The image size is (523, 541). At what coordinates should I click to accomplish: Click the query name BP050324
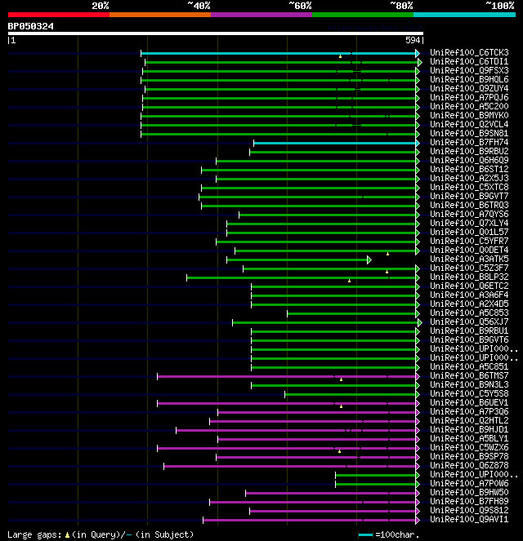click(31, 26)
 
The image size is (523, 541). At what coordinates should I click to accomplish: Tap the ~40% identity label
click(199, 5)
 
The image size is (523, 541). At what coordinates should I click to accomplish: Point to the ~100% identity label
click(500, 5)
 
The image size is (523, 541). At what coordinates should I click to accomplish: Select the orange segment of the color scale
click(159, 14)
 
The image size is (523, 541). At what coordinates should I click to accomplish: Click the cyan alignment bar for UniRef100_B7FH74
click(336, 143)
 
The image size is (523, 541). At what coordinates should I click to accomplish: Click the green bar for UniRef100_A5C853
click(352, 313)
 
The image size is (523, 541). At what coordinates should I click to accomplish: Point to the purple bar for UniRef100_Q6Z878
click(290, 466)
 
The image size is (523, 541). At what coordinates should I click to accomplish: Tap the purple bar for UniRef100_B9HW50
click(332, 493)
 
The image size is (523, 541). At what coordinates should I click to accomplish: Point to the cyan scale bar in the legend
click(365, 534)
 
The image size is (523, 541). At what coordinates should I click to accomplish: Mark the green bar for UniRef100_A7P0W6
click(376, 484)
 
